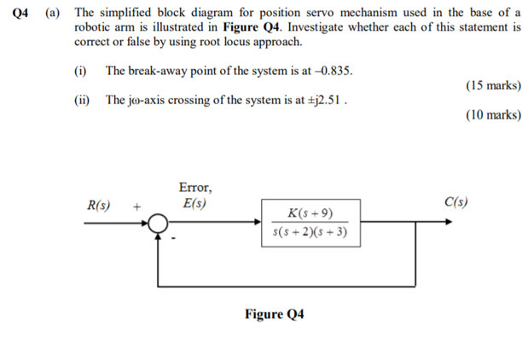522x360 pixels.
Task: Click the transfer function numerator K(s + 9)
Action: [310, 212]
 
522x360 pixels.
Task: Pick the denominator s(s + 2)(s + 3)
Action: [310, 231]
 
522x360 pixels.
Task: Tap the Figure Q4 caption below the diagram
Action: [274, 314]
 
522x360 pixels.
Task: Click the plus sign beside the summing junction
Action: [136, 206]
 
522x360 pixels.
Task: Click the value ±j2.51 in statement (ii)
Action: [324, 101]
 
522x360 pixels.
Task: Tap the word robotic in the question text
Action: [96, 28]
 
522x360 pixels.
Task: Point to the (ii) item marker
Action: [83, 101]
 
